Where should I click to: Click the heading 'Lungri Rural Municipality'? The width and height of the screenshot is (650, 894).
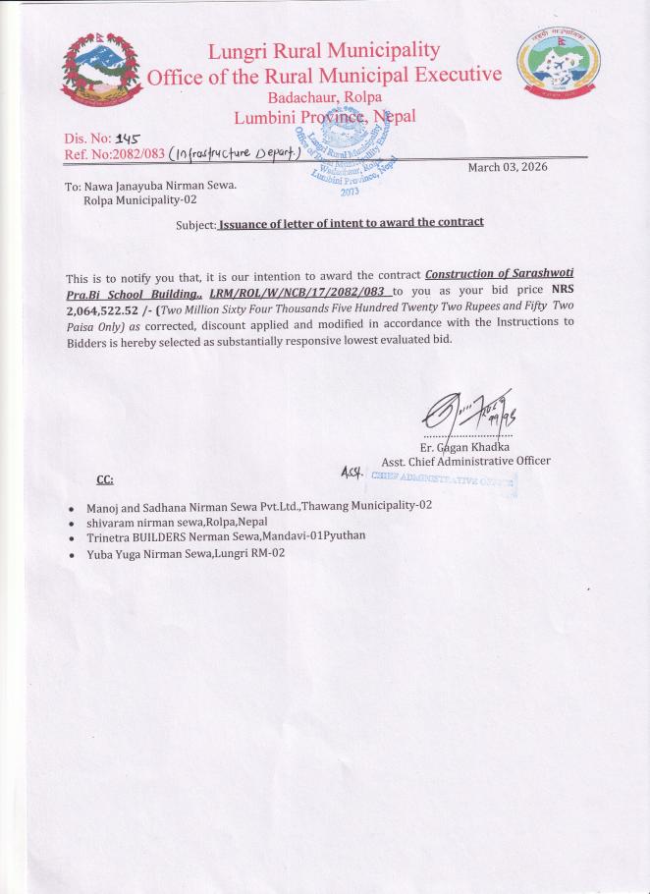pos(324,50)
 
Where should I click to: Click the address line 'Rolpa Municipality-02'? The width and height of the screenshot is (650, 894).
pos(140,199)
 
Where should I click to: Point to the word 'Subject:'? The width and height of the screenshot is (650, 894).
pos(195,225)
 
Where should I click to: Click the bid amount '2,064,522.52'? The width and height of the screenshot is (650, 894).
pos(108,307)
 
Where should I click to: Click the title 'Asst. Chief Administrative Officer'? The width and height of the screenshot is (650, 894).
pos(465,461)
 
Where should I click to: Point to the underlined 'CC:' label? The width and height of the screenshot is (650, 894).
pos(105,480)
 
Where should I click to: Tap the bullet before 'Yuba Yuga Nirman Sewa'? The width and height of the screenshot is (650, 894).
pos(73,555)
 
